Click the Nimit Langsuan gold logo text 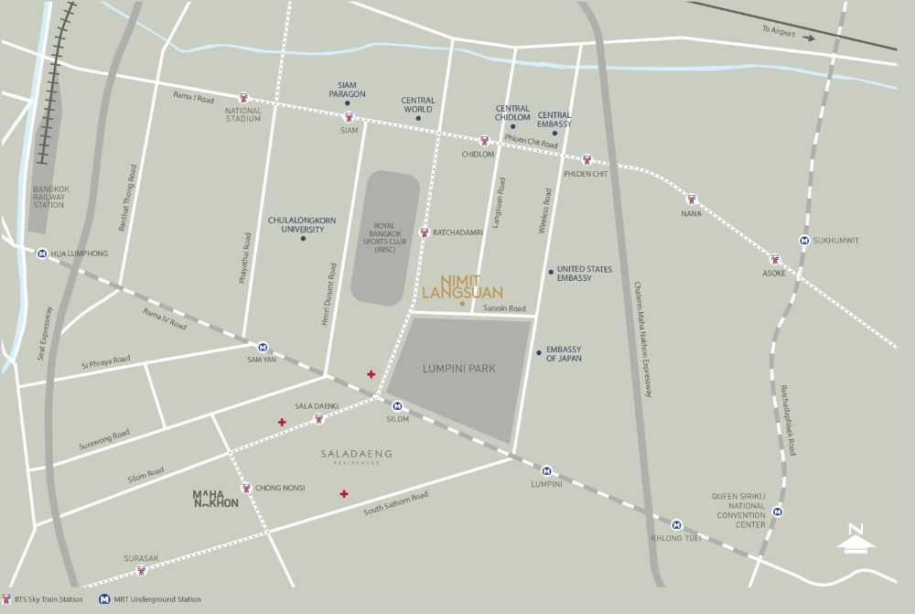[462, 285]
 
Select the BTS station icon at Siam [348, 117]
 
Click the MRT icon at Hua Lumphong [42, 253]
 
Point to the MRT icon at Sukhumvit [803, 241]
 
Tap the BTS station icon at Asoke [774, 259]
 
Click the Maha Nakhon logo [215, 499]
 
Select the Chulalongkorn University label [296, 224]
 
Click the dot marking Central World [418, 118]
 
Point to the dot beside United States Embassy [550, 272]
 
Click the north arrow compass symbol [856, 539]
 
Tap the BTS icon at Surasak [141, 571]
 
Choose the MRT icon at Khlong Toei [676, 524]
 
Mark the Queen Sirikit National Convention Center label [738, 511]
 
